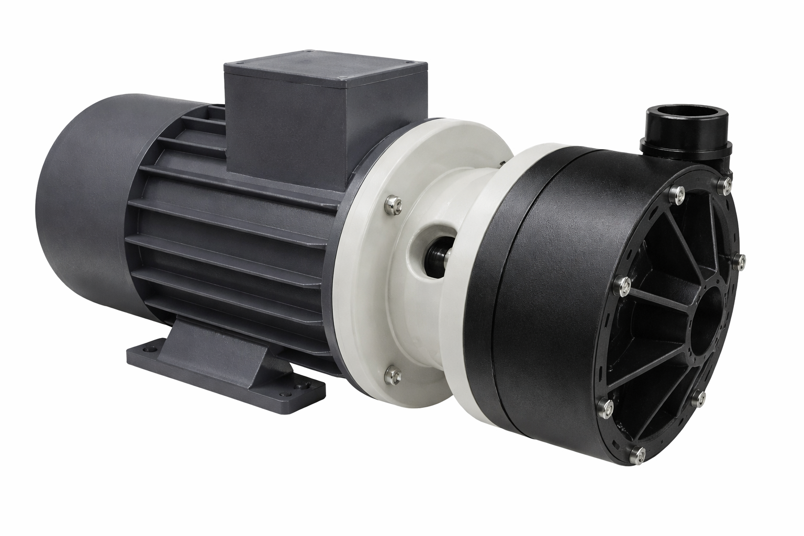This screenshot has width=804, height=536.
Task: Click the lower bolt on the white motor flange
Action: click(392, 373)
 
